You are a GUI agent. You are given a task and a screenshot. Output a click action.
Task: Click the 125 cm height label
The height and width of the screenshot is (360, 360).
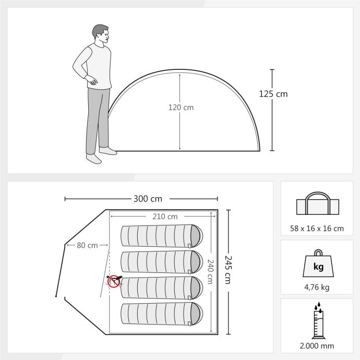273,94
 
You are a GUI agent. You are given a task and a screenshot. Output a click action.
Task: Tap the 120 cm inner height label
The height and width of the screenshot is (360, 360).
181,107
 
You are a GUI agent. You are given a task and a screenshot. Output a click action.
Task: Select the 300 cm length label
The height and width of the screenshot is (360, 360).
148,199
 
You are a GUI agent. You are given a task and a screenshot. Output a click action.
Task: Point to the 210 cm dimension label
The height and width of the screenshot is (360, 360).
165,217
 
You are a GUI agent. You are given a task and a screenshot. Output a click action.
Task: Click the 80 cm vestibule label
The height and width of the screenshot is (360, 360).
87,245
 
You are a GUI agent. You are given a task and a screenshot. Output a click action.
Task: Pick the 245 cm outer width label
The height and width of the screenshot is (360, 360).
228,270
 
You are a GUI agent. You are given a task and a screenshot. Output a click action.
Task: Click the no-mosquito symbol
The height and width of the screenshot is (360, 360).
114,282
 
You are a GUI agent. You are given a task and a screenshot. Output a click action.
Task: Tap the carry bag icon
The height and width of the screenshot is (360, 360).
318,203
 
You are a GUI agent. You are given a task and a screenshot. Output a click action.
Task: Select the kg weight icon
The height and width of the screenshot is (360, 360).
318,263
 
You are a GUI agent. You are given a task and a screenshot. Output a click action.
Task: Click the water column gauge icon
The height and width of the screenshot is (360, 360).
318,320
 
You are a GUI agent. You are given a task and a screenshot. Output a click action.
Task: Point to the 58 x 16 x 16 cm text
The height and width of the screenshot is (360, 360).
317,229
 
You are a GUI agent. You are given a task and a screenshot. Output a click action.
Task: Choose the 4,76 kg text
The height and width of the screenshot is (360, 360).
317,287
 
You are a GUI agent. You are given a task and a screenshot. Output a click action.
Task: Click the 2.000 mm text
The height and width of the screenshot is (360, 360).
317,346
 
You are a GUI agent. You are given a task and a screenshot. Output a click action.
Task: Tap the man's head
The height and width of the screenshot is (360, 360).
101,34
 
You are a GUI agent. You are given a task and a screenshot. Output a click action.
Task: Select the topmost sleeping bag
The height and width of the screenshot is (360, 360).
162,236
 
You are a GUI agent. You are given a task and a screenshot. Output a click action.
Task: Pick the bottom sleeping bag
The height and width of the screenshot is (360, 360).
162,314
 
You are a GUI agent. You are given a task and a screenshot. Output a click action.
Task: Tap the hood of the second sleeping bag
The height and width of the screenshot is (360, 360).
196,262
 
